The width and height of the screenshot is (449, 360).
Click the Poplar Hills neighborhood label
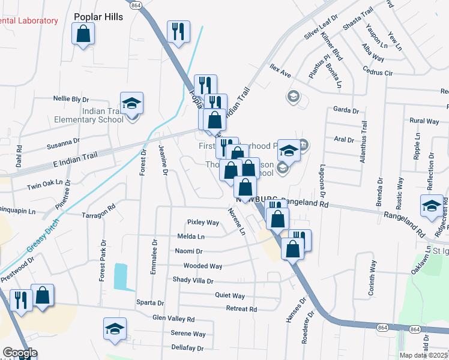pyautogui.click(x=98, y=17)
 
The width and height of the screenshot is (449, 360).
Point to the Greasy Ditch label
pyautogui.click(x=40, y=233)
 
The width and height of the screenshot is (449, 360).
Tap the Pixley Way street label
pyautogui.click(x=203, y=222)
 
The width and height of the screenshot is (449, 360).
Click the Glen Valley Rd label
pyautogui.click(x=173, y=319)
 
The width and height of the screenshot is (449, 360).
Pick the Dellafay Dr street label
pyautogui.click(x=187, y=348)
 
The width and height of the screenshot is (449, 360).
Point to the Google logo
pyautogui.click(x=20, y=353)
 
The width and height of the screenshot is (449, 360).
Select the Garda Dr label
pyautogui.click(x=345, y=110)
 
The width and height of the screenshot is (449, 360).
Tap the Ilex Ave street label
pyautogui.click(x=280, y=74)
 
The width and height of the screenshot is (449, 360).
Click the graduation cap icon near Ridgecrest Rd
pyautogui.click(x=432, y=206)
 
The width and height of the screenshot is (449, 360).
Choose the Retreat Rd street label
pyautogui.click(x=241, y=309)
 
